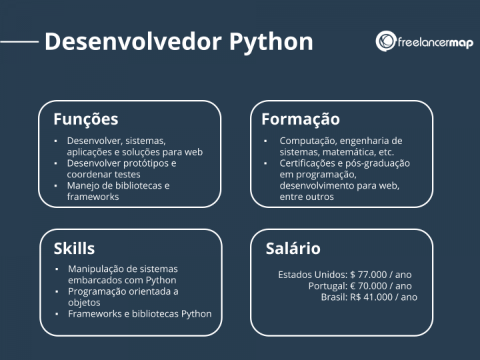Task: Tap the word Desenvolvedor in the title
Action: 133,41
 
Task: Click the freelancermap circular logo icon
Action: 386,41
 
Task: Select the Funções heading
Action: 85,119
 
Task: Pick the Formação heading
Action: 300,119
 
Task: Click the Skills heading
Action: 74,249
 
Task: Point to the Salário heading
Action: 293,249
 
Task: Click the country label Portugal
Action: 325,285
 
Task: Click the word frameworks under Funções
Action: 93,197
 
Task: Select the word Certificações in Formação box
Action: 309,163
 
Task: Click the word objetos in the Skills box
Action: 84,303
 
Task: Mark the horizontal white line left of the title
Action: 19,41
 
